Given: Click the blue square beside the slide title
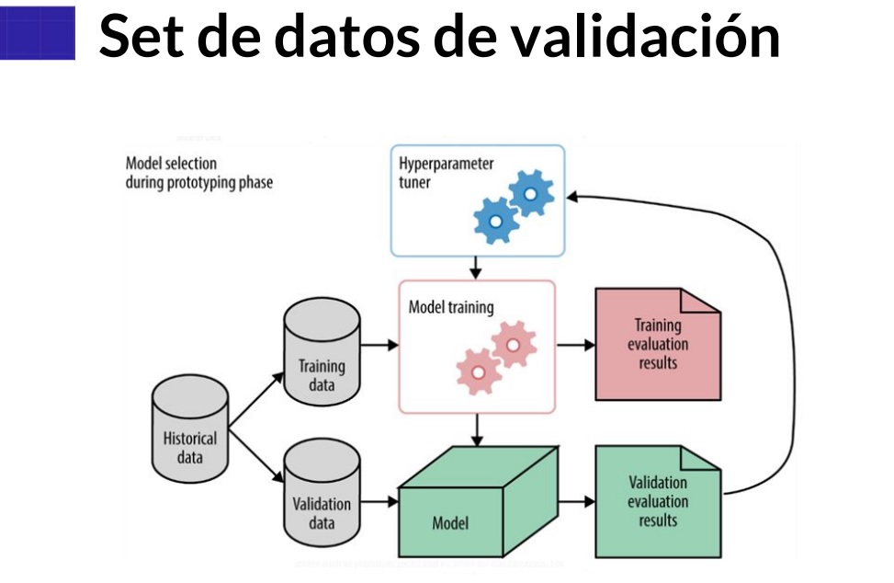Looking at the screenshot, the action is coord(38,34).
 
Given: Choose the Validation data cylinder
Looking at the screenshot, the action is coord(322,497).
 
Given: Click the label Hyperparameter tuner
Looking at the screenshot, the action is coord(446,172).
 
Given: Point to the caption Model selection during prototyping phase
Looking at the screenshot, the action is coord(198,173).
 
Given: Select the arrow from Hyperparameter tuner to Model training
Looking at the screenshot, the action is coord(476,268).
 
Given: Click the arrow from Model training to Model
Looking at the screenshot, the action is coord(476,429).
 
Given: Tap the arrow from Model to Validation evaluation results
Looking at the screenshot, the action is coord(575,502).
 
